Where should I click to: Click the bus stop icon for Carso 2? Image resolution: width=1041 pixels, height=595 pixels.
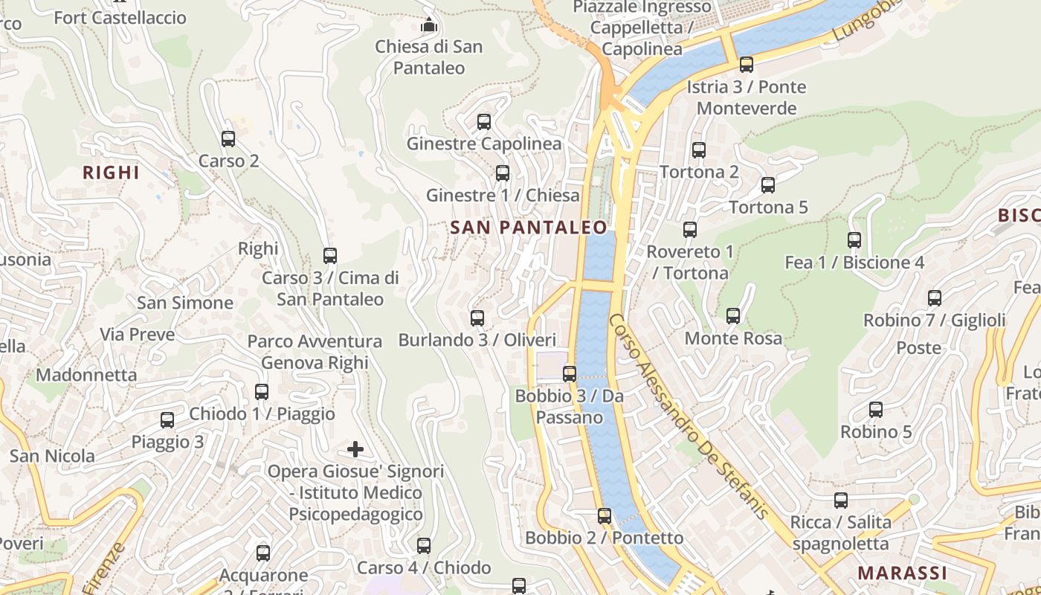(228, 138)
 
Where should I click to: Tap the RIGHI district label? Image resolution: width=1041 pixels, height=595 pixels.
(111, 173)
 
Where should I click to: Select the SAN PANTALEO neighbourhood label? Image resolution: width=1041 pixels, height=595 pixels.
(529, 228)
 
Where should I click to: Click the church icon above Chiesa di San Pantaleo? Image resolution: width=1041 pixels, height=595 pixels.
(428, 25)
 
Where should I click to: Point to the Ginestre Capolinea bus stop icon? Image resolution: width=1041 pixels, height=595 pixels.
(484, 121)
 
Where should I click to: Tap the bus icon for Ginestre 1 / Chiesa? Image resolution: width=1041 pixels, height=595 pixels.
(503, 173)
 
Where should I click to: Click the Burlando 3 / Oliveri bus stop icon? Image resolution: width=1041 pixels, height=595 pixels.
(477, 318)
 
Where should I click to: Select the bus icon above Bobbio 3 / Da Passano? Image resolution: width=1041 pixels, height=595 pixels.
(570, 373)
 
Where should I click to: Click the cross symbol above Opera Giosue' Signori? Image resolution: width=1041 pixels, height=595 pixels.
(355, 449)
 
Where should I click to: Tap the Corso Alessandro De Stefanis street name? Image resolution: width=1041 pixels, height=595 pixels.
(688, 416)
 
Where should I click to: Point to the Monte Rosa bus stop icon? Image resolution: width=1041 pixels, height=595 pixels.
(733, 316)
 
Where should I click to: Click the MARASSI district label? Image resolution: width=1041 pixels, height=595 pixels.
(902, 573)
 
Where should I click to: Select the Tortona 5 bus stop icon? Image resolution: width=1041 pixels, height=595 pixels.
(768, 185)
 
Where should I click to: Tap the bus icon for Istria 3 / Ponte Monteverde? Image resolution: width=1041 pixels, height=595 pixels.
(747, 65)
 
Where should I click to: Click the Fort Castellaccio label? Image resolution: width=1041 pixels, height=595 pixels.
(120, 18)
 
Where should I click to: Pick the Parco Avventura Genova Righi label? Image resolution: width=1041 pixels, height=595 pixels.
(315, 352)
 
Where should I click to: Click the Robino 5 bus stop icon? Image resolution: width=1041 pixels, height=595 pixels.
(876, 410)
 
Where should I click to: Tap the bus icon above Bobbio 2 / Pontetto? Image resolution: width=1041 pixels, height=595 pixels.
(605, 515)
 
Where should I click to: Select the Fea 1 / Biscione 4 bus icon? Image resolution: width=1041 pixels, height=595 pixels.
(854, 240)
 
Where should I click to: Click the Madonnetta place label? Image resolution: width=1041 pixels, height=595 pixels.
(86, 374)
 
